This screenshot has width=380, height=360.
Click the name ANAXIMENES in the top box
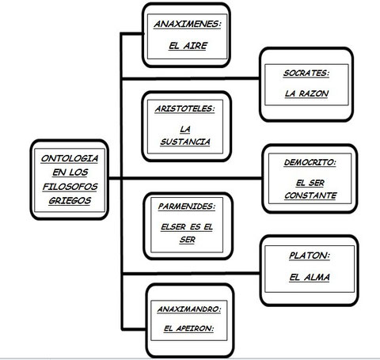point(188,25)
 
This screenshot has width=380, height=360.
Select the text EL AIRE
point(188,46)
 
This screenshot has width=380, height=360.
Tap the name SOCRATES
point(306,73)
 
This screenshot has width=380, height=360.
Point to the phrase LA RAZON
point(306,93)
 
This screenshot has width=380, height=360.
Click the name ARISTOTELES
point(184,108)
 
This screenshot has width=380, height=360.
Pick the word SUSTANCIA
point(185,142)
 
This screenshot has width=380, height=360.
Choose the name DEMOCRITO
point(310,162)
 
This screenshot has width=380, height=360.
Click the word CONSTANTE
point(310,195)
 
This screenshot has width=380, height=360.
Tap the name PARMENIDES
point(187,207)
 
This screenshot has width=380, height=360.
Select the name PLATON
point(310,256)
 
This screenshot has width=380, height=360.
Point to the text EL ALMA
point(310,277)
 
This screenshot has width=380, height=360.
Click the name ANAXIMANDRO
point(189,309)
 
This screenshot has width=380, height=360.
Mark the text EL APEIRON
point(188,328)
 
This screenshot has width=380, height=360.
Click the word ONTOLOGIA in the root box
point(70,158)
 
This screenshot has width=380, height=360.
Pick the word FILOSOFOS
point(70,187)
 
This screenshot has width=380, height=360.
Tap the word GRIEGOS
point(70,201)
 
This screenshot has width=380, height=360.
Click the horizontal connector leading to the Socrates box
point(190,78)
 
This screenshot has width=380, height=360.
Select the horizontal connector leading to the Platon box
point(191,273)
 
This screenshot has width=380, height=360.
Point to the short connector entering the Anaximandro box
point(134,329)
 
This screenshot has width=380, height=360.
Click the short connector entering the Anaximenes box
point(131,33)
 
